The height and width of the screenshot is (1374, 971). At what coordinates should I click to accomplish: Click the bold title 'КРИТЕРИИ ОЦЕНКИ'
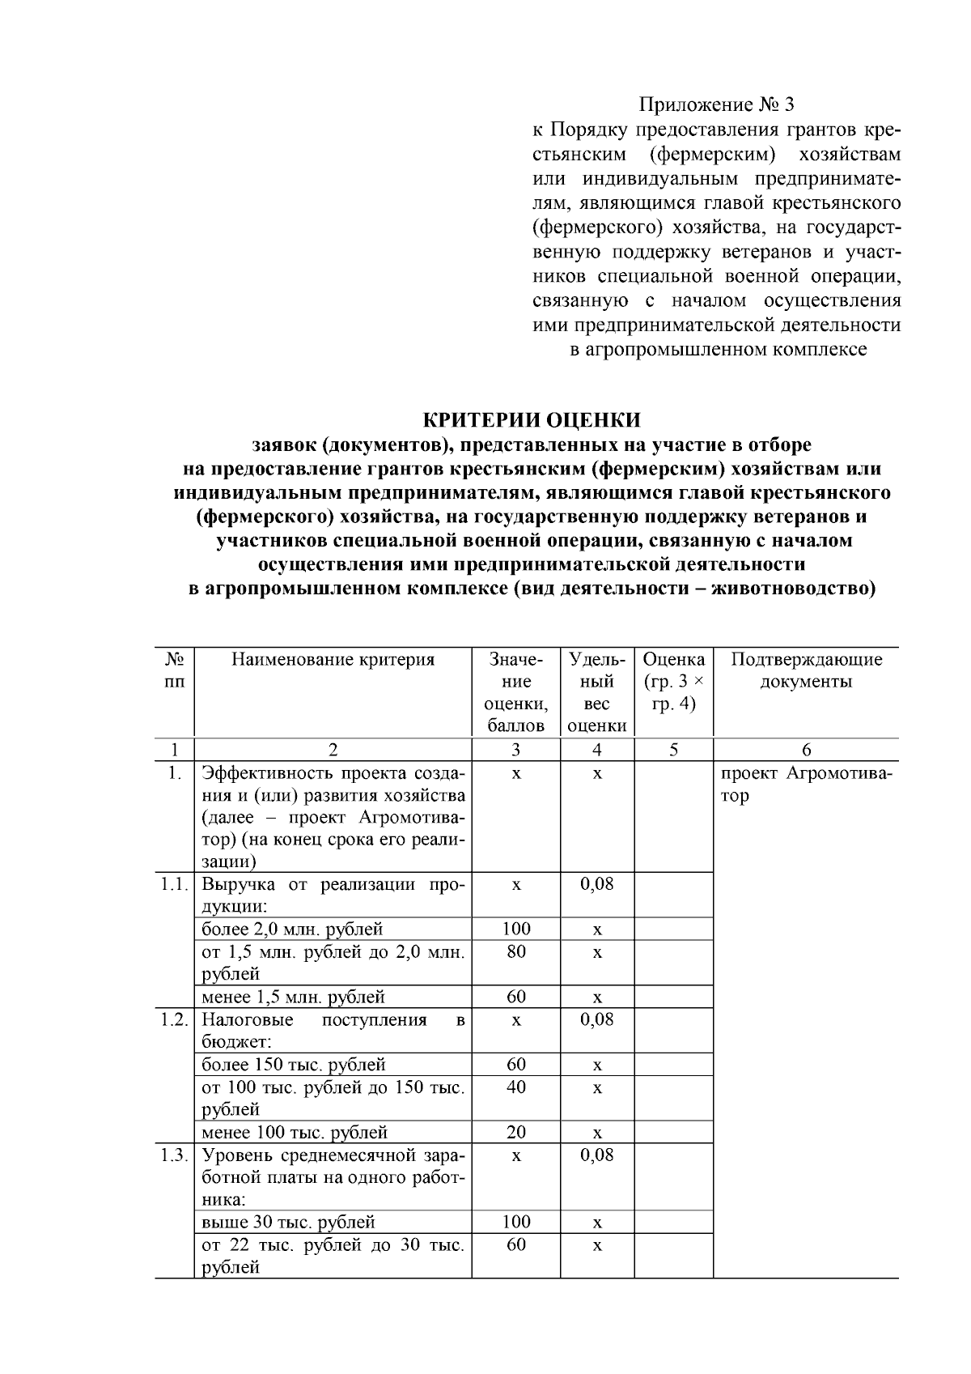(532, 420)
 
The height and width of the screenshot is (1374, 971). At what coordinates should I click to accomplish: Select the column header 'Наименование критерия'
(333, 659)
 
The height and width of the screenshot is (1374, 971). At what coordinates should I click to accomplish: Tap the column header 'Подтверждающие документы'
(806, 670)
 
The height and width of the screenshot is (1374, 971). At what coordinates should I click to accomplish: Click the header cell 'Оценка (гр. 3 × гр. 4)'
(673, 681)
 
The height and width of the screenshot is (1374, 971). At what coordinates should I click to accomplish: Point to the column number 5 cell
(673, 750)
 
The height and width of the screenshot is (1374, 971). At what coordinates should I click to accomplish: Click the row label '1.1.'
(174, 884)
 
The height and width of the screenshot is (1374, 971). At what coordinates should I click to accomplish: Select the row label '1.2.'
(174, 1019)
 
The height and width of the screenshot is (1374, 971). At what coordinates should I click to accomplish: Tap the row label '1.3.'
(174, 1155)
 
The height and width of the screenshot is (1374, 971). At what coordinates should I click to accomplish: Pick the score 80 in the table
(516, 951)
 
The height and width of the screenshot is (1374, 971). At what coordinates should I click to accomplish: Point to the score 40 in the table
(516, 1087)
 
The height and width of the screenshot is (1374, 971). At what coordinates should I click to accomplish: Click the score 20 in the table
(516, 1132)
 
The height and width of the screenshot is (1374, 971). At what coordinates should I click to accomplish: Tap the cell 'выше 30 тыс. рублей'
(288, 1222)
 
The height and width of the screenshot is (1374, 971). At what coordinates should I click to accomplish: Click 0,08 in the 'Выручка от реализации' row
(597, 884)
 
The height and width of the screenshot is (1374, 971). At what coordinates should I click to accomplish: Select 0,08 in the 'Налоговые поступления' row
(597, 1019)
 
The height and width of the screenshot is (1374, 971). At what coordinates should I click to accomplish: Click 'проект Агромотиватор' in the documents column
(806, 784)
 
